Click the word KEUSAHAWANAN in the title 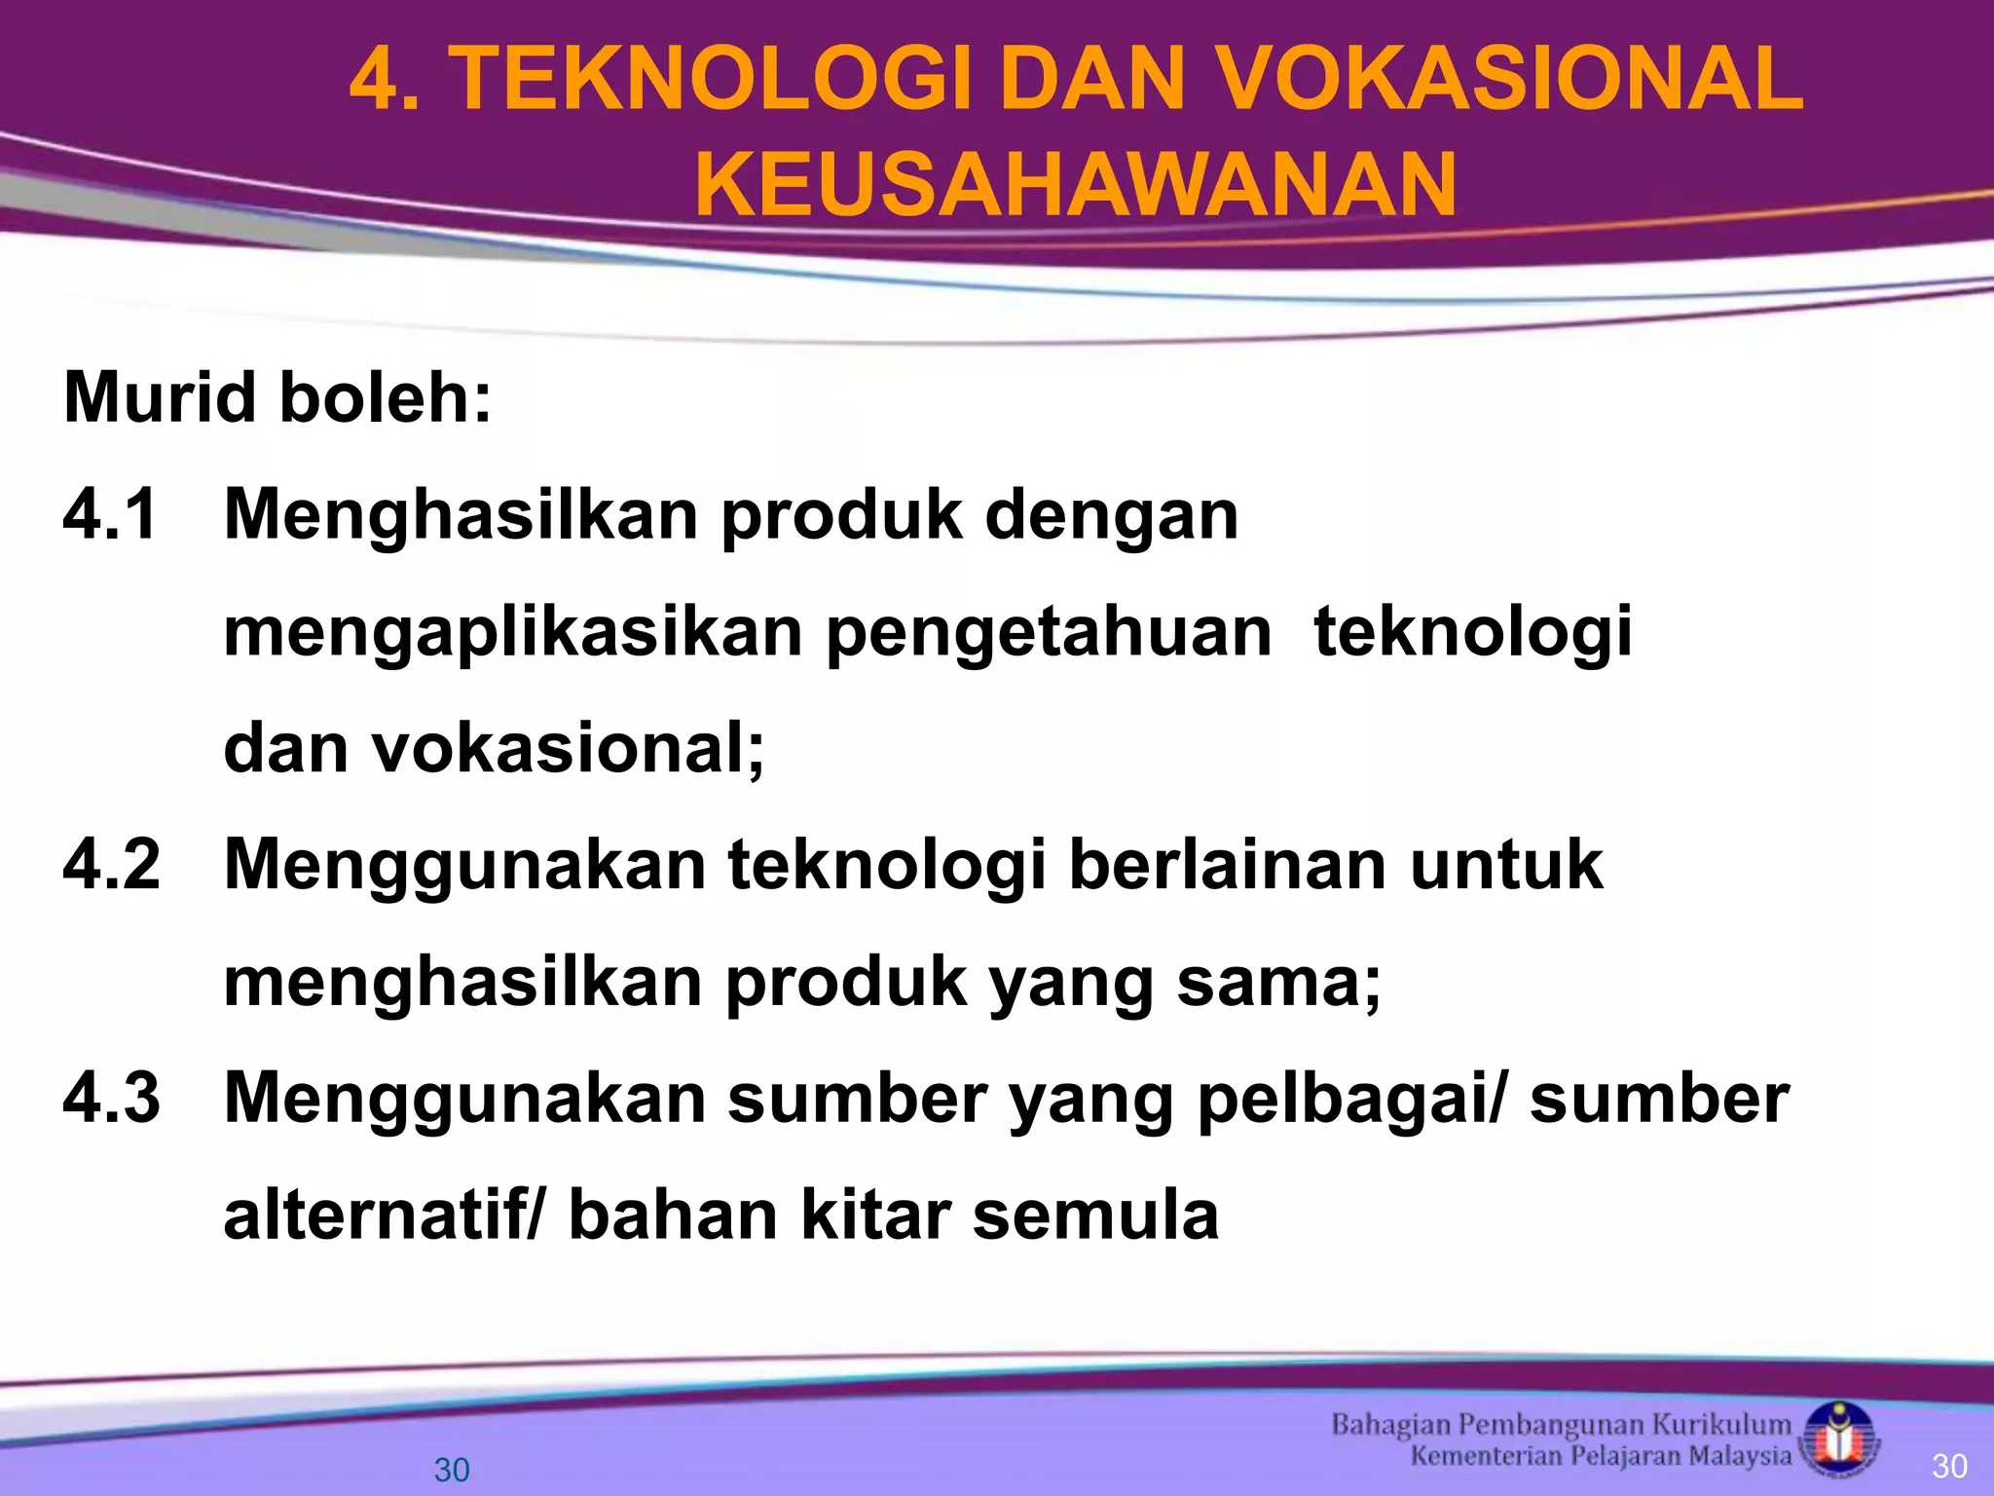point(1076,185)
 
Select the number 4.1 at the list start point(110,515)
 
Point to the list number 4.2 point(111,865)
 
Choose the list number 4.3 point(111,1098)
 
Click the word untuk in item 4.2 point(1506,865)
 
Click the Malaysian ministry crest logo point(1839,1439)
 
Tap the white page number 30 point(1949,1466)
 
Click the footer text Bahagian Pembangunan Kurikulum point(1561,1425)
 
